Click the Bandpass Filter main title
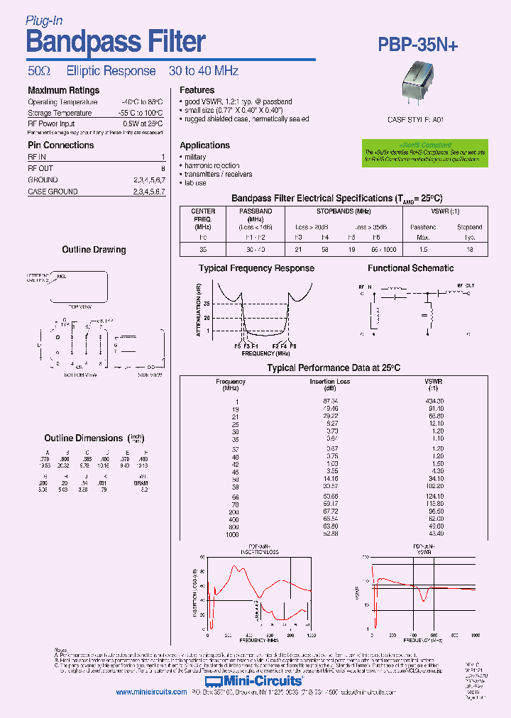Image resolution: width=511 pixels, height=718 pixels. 116,43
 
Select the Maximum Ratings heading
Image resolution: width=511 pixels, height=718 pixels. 63,90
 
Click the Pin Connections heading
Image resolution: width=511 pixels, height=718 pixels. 60,145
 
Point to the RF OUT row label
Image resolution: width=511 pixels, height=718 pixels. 40,168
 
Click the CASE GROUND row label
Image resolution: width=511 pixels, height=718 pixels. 53,192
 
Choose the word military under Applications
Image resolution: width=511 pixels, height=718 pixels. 195,157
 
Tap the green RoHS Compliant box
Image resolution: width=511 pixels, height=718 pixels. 425,153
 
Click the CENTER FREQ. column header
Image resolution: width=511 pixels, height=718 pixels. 203,215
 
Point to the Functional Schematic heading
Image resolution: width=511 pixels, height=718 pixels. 410,268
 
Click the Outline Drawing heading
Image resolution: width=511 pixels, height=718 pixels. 94,250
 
